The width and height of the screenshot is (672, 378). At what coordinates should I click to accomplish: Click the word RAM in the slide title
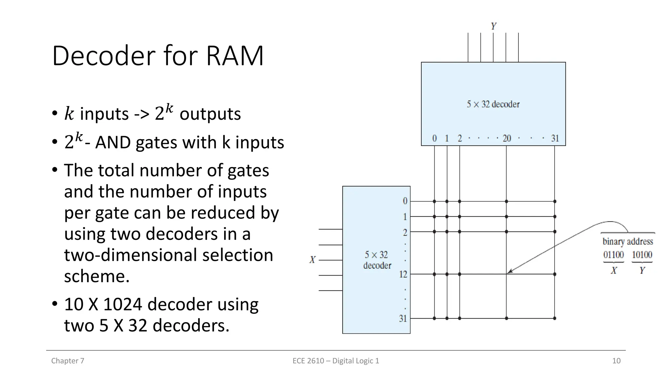pyautogui.click(x=235, y=56)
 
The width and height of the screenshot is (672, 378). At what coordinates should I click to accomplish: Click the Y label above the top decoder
pyautogui.click(x=493, y=26)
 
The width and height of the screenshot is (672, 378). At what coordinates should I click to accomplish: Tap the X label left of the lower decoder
pyautogui.click(x=312, y=260)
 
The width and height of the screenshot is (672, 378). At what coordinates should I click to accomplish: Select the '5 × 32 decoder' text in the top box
pyautogui.click(x=493, y=104)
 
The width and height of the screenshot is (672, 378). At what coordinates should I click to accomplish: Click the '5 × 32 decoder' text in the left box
pyautogui.click(x=377, y=260)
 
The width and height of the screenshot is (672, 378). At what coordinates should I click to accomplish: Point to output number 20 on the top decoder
pyautogui.click(x=507, y=138)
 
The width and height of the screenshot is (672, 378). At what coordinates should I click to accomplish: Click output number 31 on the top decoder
pyautogui.click(x=555, y=138)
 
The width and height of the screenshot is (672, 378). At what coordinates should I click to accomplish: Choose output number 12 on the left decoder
pyautogui.click(x=403, y=274)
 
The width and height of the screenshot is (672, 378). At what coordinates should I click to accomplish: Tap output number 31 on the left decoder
pyautogui.click(x=403, y=318)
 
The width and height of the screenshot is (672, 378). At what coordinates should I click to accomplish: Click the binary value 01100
pyautogui.click(x=613, y=255)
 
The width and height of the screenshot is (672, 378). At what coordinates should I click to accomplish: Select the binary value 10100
pyautogui.click(x=642, y=255)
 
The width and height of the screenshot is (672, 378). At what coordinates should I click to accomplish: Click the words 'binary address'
pyautogui.click(x=628, y=242)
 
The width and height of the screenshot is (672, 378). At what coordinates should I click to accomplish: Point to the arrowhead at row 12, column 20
pyautogui.click(x=509, y=272)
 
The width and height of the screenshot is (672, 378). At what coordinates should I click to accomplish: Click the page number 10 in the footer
pyautogui.click(x=616, y=361)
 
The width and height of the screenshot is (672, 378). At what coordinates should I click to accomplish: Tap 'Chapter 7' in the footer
pyautogui.click(x=68, y=361)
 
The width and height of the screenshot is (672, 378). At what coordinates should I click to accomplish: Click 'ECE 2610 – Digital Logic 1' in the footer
pyautogui.click(x=336, y=361)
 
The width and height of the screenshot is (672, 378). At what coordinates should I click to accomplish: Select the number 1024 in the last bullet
pyautogui.click(x=123, y=304)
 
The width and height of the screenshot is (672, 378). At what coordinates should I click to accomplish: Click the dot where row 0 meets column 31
pyautogui.click(x=555, y=201)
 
